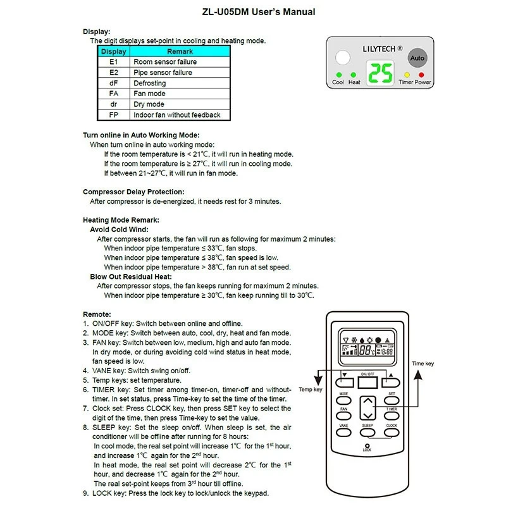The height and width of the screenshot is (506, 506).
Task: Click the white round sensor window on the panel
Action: tap(342, 58)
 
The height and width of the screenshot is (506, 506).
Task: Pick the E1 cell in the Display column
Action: tap(114, 62)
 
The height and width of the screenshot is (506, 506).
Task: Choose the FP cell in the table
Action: tap(114, 115)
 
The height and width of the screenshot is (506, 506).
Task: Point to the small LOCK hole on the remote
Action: tap(367, 444)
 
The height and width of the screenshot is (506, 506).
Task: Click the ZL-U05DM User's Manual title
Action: tap(254, 12)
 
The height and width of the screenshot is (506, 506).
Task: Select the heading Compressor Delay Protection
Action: tap(133, 192)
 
